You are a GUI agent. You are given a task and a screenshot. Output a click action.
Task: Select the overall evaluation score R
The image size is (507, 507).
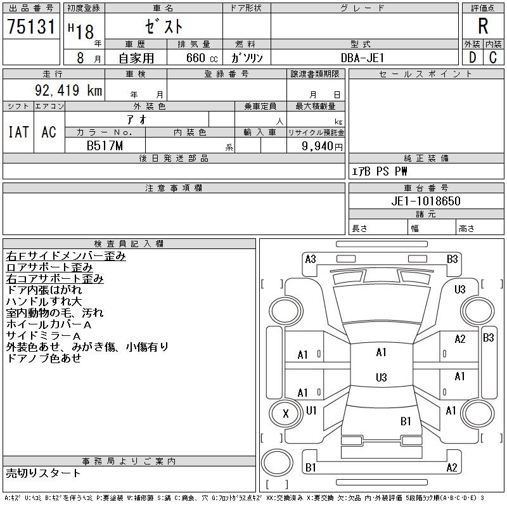[x=483, y=27]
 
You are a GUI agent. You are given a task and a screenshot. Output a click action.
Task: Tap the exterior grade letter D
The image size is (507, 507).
[x=472, y=57]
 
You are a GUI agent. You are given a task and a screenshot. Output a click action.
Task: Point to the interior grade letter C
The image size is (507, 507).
[x=492, y=57]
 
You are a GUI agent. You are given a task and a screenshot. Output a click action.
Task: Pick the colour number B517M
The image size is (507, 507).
[x=105, y=146]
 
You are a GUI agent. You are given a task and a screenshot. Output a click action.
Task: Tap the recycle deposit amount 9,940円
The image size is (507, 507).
[x=323, y=146]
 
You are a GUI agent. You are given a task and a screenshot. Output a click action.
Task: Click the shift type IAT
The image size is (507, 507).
[x=18, y=132]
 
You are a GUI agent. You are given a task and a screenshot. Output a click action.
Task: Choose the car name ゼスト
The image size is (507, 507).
[x=164, y=27]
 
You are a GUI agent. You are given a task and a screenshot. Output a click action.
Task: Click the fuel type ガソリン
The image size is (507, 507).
[x=247, y=58]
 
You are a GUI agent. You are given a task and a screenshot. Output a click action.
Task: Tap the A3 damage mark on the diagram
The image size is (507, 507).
[x=311, y=259]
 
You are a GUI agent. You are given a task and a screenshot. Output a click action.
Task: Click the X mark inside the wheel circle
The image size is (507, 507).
[x=285, y=414]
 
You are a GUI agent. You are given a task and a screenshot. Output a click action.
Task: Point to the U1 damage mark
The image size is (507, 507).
[x=311, y=410]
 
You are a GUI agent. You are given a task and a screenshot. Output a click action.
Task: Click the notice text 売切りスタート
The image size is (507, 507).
[x=44, y=473]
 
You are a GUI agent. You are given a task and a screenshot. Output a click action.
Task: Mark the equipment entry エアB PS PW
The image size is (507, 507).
[x=380, y=171]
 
